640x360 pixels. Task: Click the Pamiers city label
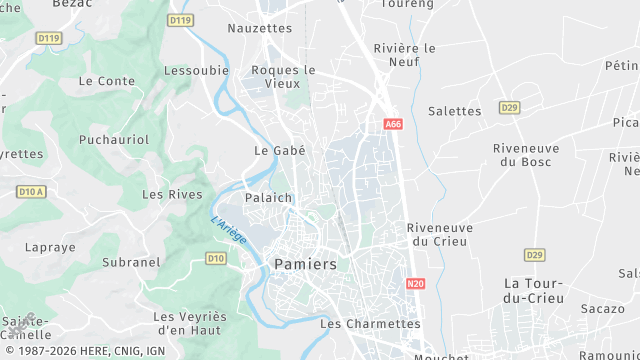[x=304, y=264]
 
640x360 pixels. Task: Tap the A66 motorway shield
[x=392, y=124]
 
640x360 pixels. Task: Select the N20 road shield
[x=416, y=284]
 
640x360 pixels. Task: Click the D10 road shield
[x=215, y=258]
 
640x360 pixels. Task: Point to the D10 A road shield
[x=32, y=191]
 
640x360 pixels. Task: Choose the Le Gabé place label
[x=279, y=151]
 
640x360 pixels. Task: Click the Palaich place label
[x=268, y=198]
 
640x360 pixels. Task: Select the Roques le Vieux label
[x=283, y=78]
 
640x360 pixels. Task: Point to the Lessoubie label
[x=197, y=71]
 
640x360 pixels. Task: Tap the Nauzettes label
[x=260, y=28]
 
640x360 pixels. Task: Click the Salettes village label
[x=455, y=111]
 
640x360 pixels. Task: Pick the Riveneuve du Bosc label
[x=526, y=155]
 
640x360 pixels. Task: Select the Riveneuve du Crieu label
[x=440, y=234]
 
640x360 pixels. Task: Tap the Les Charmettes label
[x=370, y=324]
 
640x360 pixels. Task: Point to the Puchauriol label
[x=114, y=139]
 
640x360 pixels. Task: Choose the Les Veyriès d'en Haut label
[x=190, y=324]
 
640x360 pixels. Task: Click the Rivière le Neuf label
[x=404, y=55]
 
